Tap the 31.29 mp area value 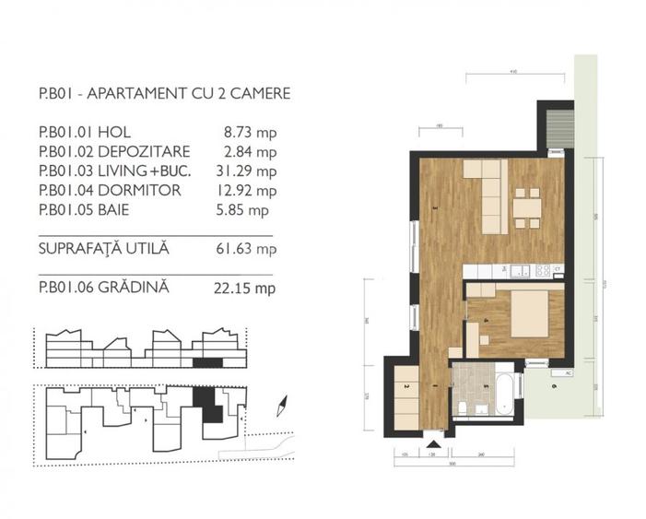tap(252, 171)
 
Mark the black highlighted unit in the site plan tap(211, 407)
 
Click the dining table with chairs tap(527, 207)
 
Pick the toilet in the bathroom tap(463, 407)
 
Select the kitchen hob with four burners tap(544, 270)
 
